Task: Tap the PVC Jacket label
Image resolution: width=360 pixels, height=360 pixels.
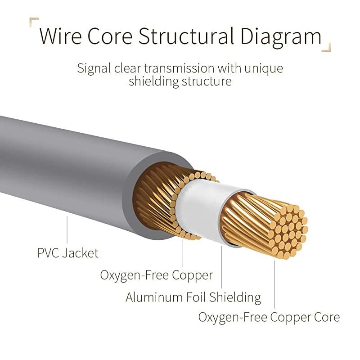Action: [67, 253]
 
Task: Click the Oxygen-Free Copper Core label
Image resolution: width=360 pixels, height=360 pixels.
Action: [269, 317]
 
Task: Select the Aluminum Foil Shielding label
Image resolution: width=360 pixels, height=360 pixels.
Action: [193, 297]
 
